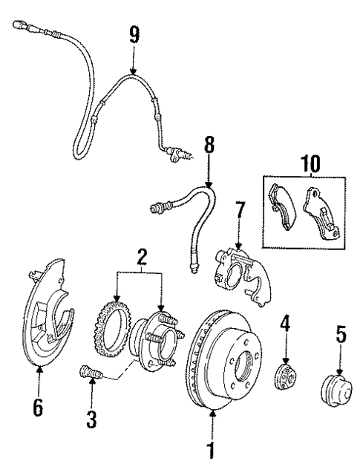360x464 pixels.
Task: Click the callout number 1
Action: click(x=212, y=448)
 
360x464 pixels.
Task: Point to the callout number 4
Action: click(x=285, y=324)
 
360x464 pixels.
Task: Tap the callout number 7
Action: click(x=238, y=212)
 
